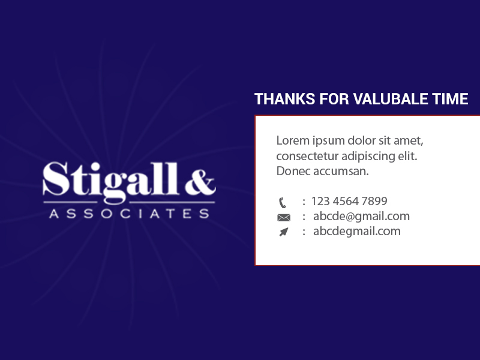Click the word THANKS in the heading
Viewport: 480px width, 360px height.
(280, 99)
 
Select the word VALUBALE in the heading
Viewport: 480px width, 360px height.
(391, 99)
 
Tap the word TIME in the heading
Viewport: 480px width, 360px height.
(451, 99)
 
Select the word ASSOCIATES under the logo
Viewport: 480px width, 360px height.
(129, 214)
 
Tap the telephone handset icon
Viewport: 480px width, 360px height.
(283, 202)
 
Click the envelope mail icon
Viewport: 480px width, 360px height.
(283, 217)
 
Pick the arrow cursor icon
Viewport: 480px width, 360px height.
(283, 232)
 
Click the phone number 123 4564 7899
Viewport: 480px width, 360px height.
(349, 201)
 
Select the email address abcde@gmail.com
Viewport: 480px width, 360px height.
(361, 216)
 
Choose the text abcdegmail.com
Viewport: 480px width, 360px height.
(356, 231)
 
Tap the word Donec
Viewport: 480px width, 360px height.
(292, 171)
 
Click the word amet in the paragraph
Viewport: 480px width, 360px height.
(409, 142)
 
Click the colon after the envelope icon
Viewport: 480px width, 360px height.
(304, 217)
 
